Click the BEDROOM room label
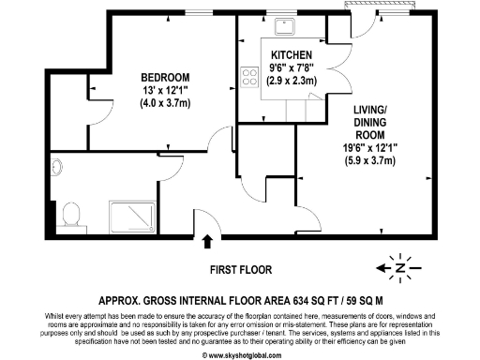click(x=165, y=77)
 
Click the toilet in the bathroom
click(x=67, y=217)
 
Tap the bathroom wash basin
click(x=56, y=170)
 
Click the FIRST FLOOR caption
click(x=240, y=269)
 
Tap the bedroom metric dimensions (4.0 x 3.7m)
click(x=165, y=102)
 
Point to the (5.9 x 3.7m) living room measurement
click(x=372, y=161)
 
